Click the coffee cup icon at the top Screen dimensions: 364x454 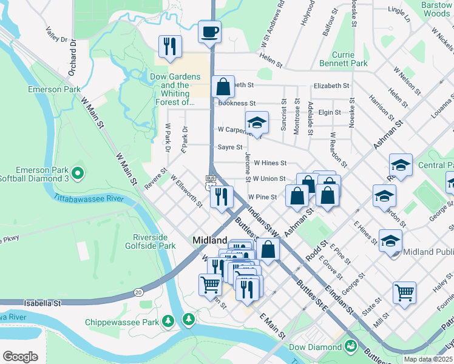pyautogui.click(x=209, y=32)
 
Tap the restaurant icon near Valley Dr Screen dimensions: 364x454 pyautogui.click(x=169, y=47)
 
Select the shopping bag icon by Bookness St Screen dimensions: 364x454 pyautogui.click(x=223, y=86)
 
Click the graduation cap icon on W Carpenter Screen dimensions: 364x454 pyautogui.click(x=257, y=122)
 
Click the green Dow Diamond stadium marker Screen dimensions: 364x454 pyautogui.click(x=350, y=347)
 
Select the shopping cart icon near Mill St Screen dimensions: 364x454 pyautogui.click(x=404, y=292)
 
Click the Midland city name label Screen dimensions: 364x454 pyautogui.click(x=210, y=240)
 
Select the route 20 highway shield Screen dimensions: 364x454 pyautogui.click(x=138, y=292)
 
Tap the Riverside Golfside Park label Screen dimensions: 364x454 pyautogui.click(x=154, y=242)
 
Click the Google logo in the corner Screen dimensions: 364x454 pyautogui.click(x=21, y=356)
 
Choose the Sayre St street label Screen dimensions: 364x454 pyautogui.click(x=230, y=147)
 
